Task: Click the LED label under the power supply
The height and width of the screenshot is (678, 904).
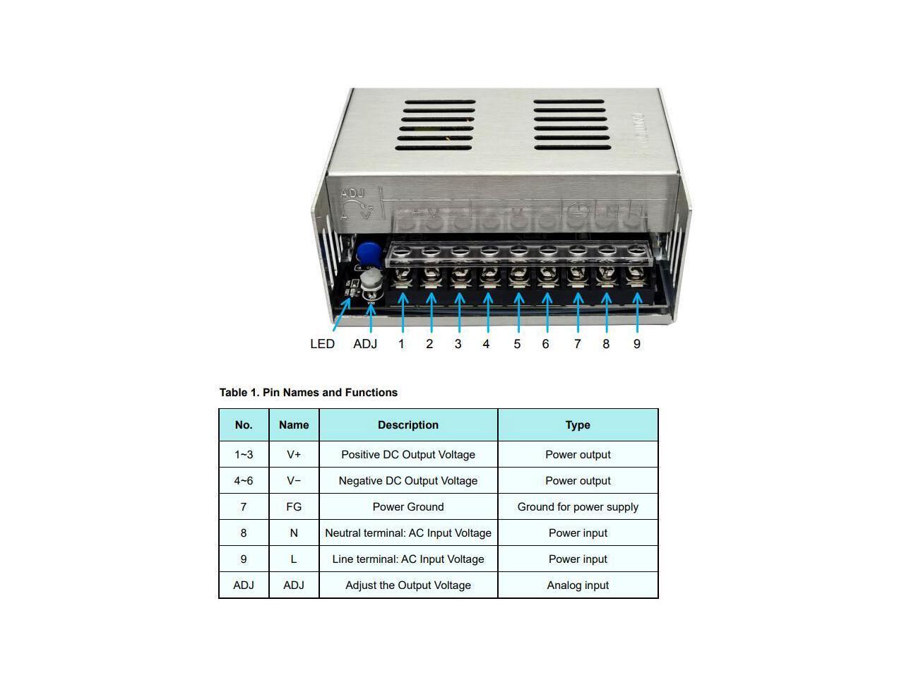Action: (x=322, y=344)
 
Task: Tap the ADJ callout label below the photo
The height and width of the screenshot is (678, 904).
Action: (x=365, y=344)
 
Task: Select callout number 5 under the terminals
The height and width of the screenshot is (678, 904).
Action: (x=517, y=344)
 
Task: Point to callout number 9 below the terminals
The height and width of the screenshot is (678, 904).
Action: (x=637, y=344)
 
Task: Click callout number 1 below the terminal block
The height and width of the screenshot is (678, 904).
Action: (x=401, y=344)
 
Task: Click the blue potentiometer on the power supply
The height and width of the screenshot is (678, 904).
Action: (x=367, y=252)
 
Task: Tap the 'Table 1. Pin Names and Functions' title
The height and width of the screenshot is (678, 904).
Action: (x=309, y=393)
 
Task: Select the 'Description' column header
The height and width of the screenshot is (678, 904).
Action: (x=408, y=425)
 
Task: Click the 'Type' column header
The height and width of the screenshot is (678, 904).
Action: (x=578, y=425)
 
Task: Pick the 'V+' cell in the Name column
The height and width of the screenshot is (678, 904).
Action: (x=294, y=455)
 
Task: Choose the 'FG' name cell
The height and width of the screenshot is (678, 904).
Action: (x=294, y=507)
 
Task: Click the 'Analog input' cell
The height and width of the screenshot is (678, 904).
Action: (x=578, y=585)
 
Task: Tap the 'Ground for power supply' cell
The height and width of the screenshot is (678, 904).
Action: (x=578, y=507)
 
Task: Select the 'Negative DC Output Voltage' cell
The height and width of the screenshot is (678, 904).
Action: (x=408, y=481)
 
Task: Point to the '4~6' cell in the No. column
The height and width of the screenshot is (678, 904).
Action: (x=244, y=481)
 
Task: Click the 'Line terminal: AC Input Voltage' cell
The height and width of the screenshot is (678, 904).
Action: (x=408, y=559)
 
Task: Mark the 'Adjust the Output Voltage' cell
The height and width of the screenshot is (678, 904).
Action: (x=408, y=585)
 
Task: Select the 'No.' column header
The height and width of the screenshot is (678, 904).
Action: (x=244, y=425)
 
